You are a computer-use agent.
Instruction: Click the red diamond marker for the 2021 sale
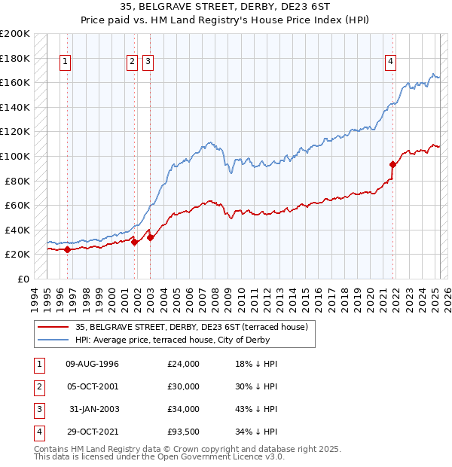pyautogui.click(x=392, y=164)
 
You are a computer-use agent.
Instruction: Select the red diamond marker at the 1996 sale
pyautogui.click(x=67, y=249)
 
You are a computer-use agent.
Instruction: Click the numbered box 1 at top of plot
pyautogui.click(x=66, y=63)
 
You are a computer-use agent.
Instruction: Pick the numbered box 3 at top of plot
pyautogui.click(x=148, y=63)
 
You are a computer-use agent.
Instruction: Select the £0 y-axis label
pyautogui.click(x=23, y=279)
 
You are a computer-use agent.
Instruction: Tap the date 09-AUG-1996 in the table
pyautogui.click(x=93, y=364)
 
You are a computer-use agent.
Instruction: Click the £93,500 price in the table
pyautogui.click(x=184, y=432)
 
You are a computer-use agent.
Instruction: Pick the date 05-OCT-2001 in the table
pyautogui.click(x=93, y=386)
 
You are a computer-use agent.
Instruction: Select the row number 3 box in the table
pyautogui.click(x=38, y=409)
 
